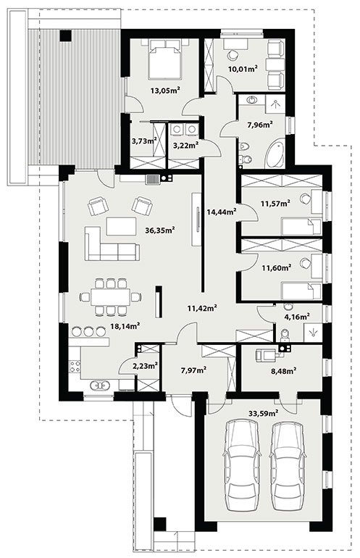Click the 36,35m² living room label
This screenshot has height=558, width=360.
pos(160,230)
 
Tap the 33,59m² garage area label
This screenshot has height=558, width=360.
pos(263,413)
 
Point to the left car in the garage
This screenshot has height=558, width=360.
pos(241,462)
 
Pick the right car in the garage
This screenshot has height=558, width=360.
pos(287,462)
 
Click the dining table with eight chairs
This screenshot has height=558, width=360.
pos(110,297)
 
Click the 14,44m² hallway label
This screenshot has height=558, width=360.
pos(222,212)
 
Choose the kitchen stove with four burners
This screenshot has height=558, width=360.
pos(75,366)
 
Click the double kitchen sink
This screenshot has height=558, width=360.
pos(99,385)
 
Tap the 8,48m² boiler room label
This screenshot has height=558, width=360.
pos(283,371)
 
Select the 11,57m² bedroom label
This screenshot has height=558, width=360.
pos(275,203)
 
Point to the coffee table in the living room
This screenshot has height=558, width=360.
pos(121,226)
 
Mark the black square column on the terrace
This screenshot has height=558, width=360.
pos(65,36)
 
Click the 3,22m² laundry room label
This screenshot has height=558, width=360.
pos(185,145)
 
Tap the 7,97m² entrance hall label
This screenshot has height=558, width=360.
pos(194,370)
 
